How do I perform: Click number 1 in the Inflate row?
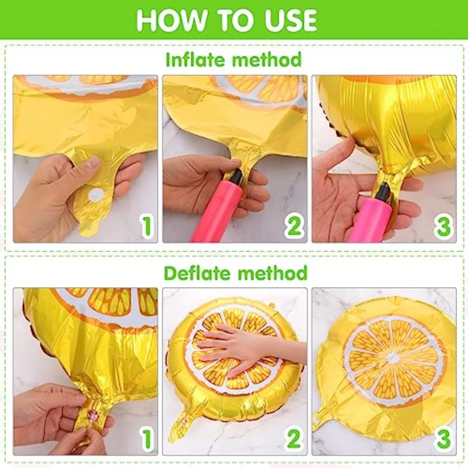tap(147, 226)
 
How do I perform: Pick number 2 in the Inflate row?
tap(294, 226)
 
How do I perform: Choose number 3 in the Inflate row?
tap(443, 226)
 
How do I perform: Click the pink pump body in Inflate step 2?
tap(218, 213)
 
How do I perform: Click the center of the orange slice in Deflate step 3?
tap(394, 358)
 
